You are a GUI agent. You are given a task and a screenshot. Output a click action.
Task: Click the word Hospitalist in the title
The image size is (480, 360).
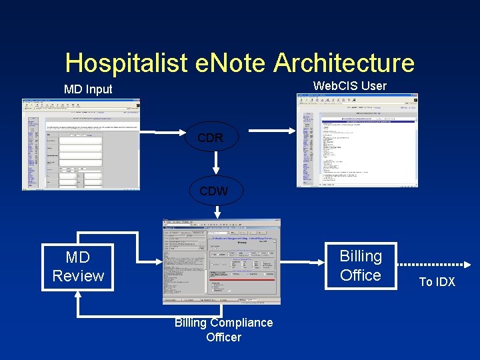[126, 63]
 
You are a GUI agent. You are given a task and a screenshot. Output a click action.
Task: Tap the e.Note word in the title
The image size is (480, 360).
[229, 63]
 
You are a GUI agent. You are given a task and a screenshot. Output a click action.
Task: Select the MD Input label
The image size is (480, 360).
[88, 89]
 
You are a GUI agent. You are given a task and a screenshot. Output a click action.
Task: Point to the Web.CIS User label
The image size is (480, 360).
[349, 85]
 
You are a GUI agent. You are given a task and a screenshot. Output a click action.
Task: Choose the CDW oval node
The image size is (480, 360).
[213, 191]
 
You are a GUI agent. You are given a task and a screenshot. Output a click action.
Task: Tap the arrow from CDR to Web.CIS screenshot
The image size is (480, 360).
[267, 130]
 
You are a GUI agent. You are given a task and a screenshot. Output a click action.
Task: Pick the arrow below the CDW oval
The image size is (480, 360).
[217, 211]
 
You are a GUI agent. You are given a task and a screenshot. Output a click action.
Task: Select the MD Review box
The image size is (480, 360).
[78, 267]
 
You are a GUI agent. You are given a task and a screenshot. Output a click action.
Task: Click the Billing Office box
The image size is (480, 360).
[360, 265]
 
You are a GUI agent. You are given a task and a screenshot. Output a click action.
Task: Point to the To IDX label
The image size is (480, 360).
[437, 282]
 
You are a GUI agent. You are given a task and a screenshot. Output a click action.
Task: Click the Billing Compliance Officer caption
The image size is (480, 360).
[223, 329]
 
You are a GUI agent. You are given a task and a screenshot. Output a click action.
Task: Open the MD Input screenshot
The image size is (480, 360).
[81, 145]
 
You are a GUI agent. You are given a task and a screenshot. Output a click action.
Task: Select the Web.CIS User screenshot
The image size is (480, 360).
[357, 140]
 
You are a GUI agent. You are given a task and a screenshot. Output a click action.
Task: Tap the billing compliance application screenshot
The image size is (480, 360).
[221, 261]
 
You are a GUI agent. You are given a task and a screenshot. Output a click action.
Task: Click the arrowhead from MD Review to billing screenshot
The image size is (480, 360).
[158, 261]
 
